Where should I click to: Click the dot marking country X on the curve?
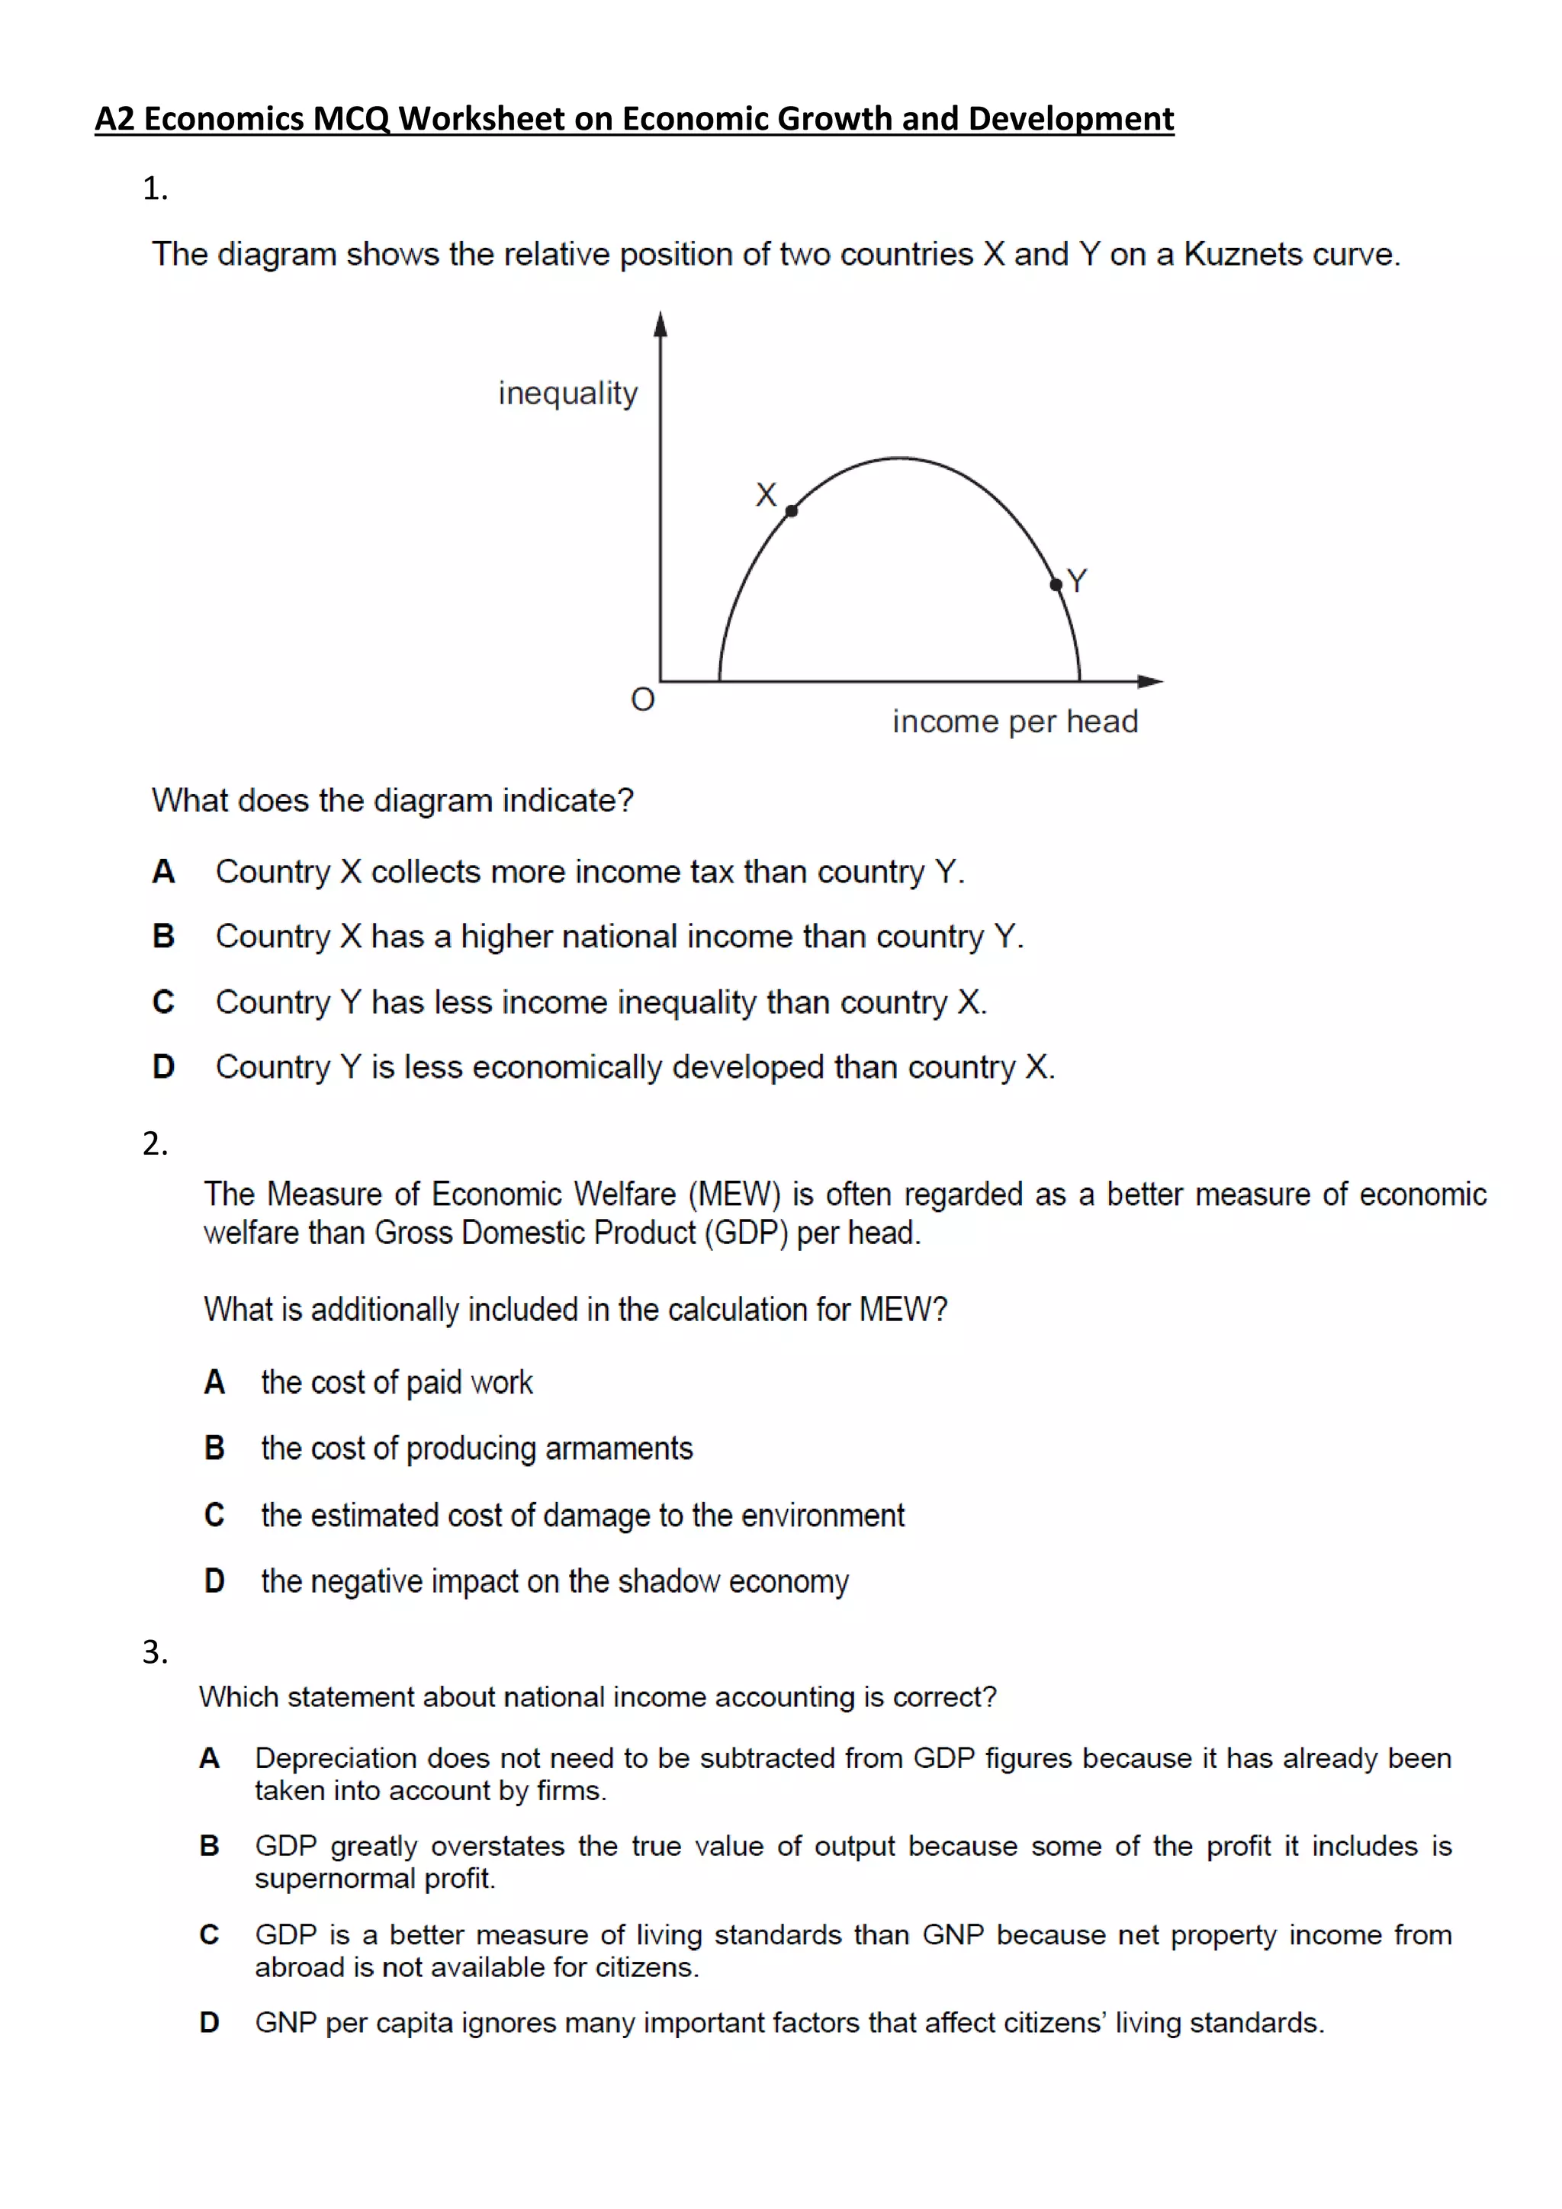792,511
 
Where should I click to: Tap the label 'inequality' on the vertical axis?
567,394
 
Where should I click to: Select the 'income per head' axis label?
1014,722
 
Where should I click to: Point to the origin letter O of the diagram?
642,699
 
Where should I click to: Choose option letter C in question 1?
163,1002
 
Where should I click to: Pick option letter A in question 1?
163,872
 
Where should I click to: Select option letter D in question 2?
214,1580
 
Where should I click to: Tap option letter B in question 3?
209,1845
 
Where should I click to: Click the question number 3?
154,1652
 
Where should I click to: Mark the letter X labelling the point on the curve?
766,494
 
